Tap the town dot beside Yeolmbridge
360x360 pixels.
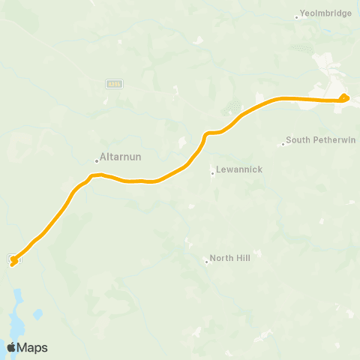point(297,16)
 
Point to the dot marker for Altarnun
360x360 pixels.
point(97,160)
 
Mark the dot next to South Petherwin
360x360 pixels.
point(283,144)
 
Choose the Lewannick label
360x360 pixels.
point(238,170)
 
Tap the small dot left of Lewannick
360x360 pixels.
point(213,173)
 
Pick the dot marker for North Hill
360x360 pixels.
point(207,261)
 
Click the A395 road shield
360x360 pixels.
point(113,83)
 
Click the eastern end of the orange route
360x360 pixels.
point(344,96)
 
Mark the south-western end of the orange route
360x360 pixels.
point(13,261)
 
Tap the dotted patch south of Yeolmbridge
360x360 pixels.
point(301,47)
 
